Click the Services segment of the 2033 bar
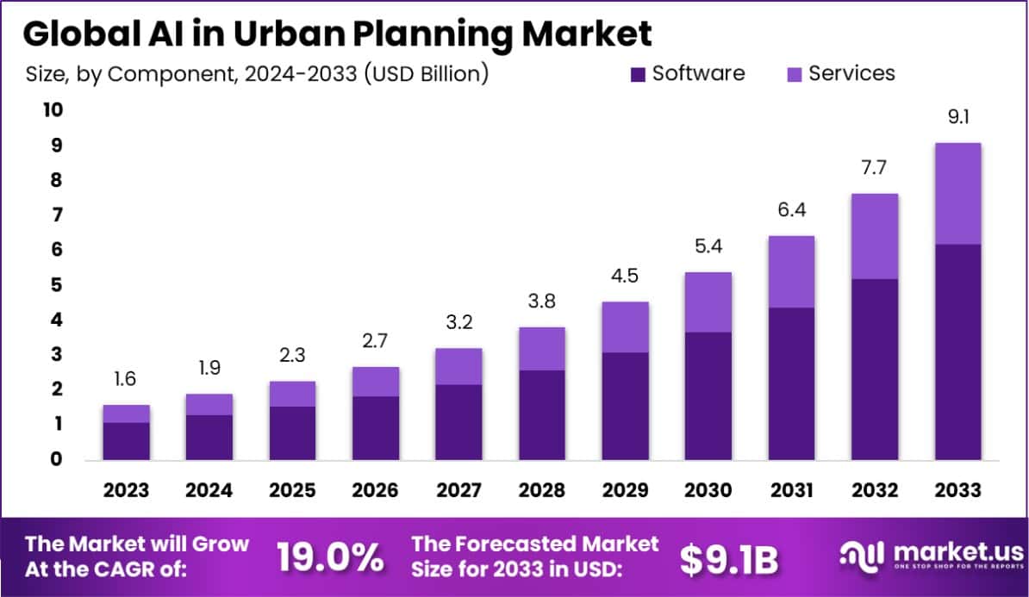957,194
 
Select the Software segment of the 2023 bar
126,440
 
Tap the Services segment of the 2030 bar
708,302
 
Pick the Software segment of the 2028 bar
541,414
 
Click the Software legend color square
638,74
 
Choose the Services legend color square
794,74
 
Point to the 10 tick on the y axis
51,110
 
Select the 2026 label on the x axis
376,490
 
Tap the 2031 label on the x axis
792,490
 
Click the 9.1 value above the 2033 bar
958,117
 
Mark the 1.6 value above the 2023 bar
126,379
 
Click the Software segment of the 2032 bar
875,369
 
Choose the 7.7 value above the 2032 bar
875,167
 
